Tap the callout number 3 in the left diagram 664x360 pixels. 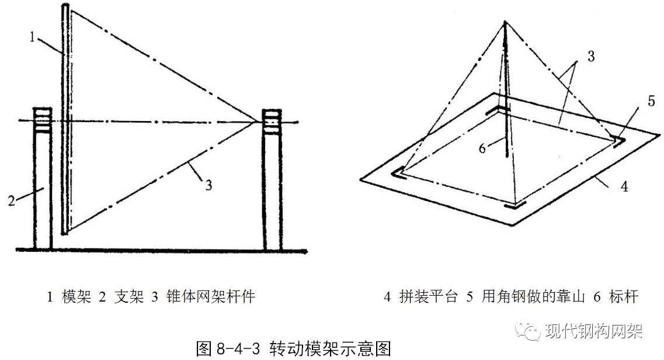[208, 186]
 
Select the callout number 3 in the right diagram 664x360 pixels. [590, 57]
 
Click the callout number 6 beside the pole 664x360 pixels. [482, 148]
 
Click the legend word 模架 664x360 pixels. [77, 297]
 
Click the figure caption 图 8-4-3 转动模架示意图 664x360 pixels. [293, 348]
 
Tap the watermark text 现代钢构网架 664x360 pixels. [593, 331]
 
